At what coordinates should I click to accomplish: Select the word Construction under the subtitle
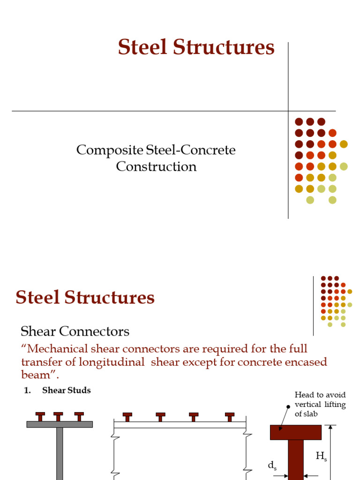pyautogui.click(x=156, y=166)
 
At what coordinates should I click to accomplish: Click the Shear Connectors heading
pyautogui.click(x=75, y=331)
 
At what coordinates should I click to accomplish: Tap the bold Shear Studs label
pyautogui.click(x=67, y=390)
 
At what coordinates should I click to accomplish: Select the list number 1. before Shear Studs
pyautogui.click(x=28, y=390)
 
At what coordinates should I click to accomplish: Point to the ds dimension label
pyautogui.click(x=272, y=465)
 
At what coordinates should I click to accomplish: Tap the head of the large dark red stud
pyautogui.click(x=295, y=432)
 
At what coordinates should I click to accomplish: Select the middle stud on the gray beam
pyautogui.click(x=58, y=416)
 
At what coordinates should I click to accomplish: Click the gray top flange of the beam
pyautogui.click(x=60, y=424)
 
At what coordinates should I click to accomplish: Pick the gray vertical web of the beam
pyautogui.click(x=60, y=452)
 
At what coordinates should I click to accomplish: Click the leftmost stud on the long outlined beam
pyautogui.click(x=127, y=417)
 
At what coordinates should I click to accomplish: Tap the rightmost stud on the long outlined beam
pyautogui.click(x=230, y=417)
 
